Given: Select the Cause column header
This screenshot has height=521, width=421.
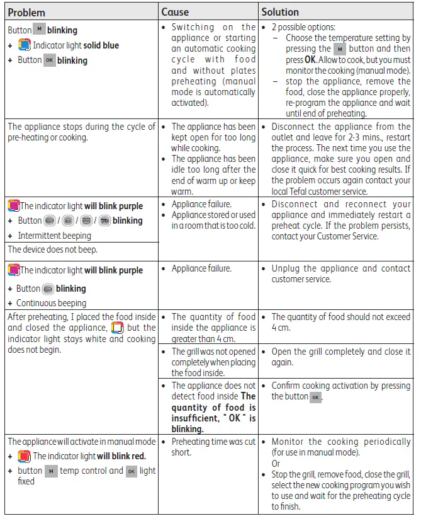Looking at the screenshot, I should coord(175,12).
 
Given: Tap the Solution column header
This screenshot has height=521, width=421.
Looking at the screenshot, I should coord(281,12).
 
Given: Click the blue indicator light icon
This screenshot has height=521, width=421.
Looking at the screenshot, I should coord(24,45).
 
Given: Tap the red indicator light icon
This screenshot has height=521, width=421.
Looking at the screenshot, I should coord(24,456).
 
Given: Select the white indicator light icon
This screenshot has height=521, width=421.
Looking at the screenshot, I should coord(117,328).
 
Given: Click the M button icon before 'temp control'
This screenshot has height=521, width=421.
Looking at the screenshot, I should coord(51,471).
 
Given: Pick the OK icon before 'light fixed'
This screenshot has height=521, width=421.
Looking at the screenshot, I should coord(131,471).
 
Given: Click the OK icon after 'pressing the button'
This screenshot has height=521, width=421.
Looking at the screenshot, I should coord(316,397).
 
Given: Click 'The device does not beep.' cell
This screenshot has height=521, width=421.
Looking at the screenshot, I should coord(53,249).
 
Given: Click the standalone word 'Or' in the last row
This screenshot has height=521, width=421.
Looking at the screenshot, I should coord(276,463).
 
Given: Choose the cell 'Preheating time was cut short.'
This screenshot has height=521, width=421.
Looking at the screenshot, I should coord(213,447).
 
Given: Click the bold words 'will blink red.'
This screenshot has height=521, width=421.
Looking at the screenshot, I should coord(121,456).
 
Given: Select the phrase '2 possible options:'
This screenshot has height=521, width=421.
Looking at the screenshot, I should coord(303,28).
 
